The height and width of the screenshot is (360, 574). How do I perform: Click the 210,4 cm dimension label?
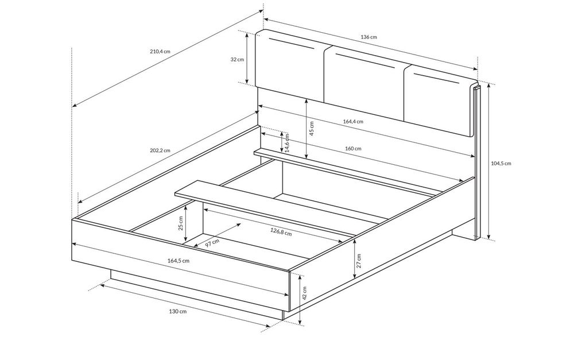(x=160, y=51)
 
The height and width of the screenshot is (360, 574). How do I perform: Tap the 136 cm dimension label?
(x=369, y=37)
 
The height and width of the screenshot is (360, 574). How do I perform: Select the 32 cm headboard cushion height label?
(x=237, y=59)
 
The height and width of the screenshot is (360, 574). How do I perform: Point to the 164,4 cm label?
(x=353, y=121)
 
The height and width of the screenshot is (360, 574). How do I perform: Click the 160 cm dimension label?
(x=353, y=148)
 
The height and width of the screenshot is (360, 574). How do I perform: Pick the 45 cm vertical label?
(x=312, y=129)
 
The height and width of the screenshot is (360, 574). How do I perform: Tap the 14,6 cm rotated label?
(x=288, y=143)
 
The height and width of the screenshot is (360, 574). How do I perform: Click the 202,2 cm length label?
(x=160, y=150)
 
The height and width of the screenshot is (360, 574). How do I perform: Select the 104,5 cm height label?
(x=501, y=163)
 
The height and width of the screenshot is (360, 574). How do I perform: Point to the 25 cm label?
(x=180, y=224)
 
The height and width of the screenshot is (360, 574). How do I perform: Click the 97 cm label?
(x=212, y=243)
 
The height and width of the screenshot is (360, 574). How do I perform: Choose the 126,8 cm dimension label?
(x=281, y=231)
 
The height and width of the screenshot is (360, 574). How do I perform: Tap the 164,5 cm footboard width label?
(x=179, y=261)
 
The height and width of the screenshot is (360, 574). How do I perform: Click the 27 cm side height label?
(x=359, y=261)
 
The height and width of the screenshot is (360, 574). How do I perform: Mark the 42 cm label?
(x=305, y=293)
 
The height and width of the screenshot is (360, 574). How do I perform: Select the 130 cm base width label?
(x=178, y=311)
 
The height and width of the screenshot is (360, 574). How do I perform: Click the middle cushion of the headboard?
(x=364, y=84)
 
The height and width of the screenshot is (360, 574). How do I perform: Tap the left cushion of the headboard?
(x=290, y=65)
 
